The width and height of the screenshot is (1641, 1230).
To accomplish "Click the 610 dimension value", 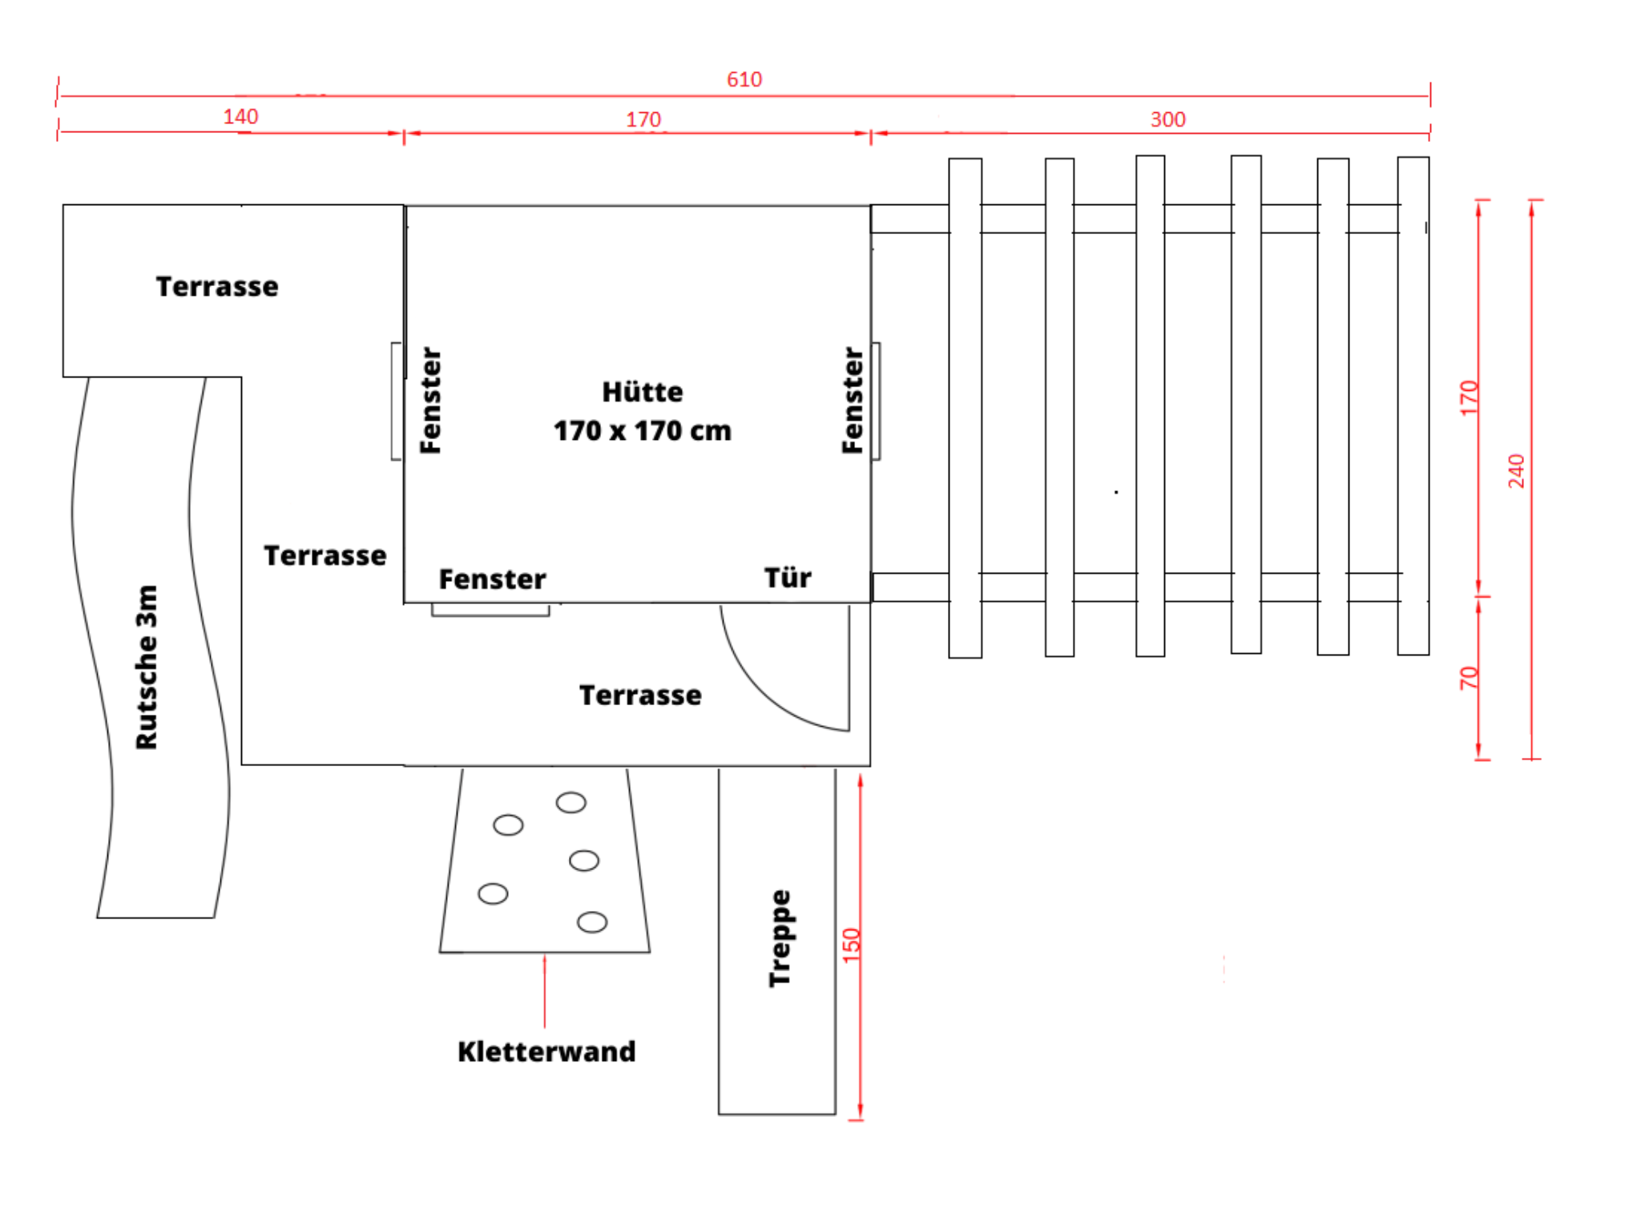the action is pyautogui.click(x=744, y=79).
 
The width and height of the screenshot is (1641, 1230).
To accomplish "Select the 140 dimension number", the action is pyautogui.click(x=240, y=117).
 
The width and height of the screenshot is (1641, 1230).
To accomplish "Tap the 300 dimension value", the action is pyautogui.click(x=1167, y=119).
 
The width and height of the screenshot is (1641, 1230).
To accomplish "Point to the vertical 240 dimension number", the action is pyautogui.click(x=1516, y=470).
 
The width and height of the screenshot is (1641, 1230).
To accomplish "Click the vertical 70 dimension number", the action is pyautogui.click(x=1468, y=678).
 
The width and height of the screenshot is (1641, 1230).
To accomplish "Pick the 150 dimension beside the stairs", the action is pyautogui.click(x=851, y=945).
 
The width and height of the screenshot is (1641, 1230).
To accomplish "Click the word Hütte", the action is pyautogui.click(x=643, y=392).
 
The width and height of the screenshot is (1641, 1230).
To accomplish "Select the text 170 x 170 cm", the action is pyautogui.click(x=643, y=431).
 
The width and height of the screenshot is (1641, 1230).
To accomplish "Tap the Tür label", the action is pyautogui.click(x=788, y=577).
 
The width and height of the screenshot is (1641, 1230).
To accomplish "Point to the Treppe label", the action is pyautogui.click(x=780, y=938).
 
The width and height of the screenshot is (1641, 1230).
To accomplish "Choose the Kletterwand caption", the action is pyautogui.click(x=546, y=1051).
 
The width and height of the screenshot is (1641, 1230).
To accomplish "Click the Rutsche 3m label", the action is pyautogui.click(x=147, y=667).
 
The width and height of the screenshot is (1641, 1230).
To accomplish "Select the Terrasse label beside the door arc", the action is pyautogui.click(x=640, y=695).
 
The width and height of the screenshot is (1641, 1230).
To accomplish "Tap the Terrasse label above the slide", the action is pyautogui.click(x=217, y=286).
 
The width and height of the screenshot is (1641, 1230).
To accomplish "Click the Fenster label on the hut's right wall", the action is pyautogui.click(x=853, y=400).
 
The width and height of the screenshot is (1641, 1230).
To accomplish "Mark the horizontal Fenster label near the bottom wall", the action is pyautogui.click(x=492, y=579).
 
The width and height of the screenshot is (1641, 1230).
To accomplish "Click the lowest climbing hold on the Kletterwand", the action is pyautogui.click(x=592, y=922).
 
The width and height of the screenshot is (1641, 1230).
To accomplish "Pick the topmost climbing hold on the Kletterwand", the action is pyautogui.click(x=571, y=802).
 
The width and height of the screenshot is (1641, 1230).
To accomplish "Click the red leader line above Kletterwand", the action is pyautogui.click(x=545, y=991).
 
